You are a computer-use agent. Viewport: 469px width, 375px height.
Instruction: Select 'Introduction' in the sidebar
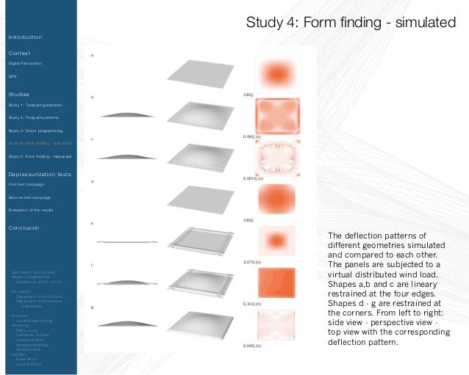[25, 37]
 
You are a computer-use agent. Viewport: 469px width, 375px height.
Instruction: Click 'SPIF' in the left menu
[12, 76]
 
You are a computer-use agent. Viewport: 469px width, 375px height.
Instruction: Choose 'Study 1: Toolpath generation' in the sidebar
[35, 105]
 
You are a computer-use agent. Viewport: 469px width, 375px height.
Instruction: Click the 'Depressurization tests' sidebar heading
[40, 174]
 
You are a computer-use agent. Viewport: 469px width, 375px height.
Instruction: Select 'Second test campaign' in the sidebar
[29, 197]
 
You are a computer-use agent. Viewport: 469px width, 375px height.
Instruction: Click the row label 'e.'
[92, 222]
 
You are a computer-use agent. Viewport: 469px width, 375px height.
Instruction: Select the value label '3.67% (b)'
[252, 261]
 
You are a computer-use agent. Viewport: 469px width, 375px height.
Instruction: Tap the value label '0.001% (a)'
[253, 178]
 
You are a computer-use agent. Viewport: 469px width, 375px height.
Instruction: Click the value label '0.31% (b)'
[252, 303]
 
